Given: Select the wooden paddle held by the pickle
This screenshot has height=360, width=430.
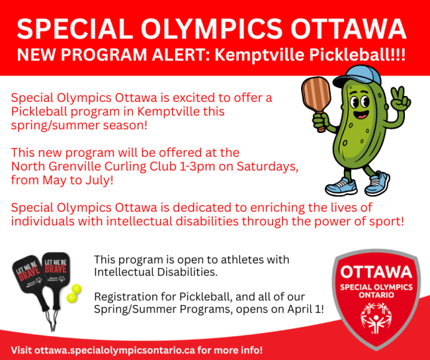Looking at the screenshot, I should point(318,97).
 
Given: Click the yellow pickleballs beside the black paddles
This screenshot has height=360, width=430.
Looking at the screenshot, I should point(75,293).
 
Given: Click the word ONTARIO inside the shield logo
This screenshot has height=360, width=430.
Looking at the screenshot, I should point(375,294).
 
